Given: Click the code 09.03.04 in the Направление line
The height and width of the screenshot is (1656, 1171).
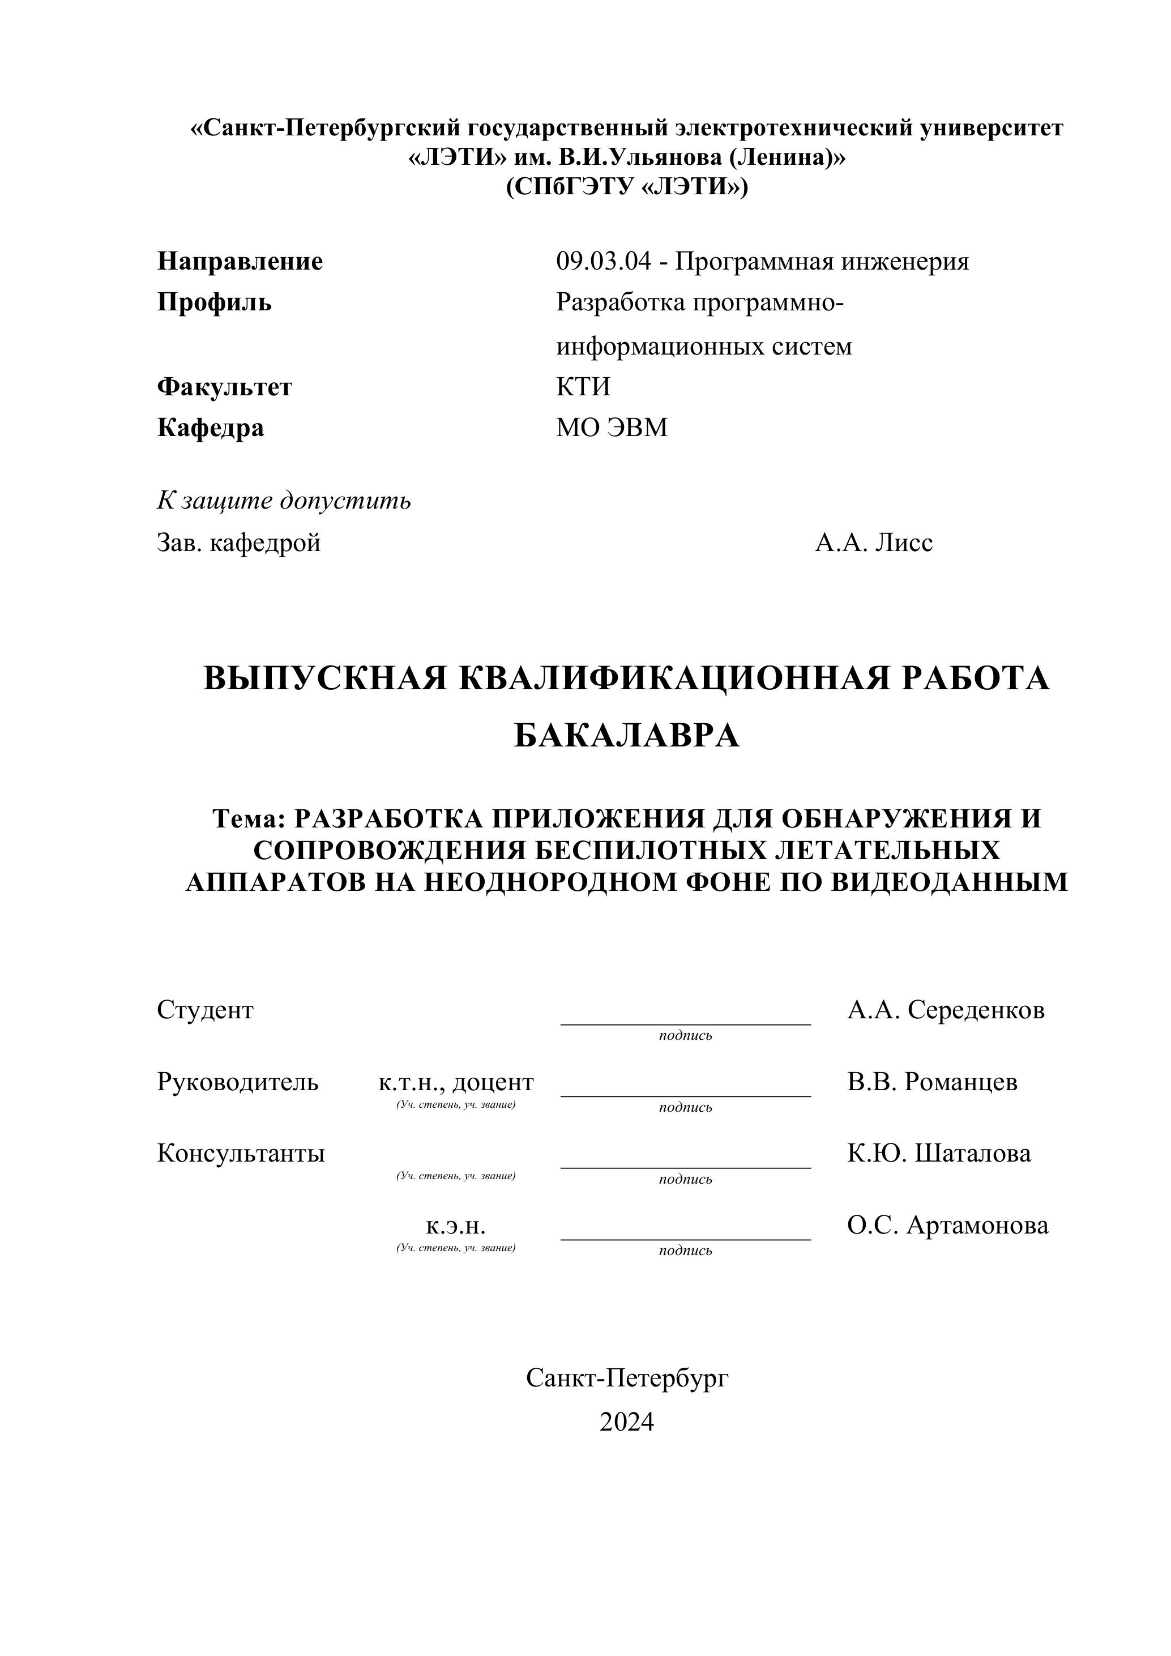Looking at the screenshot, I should (x=603, y=261).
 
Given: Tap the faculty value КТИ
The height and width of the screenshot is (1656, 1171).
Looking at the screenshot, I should (x=583, y=387).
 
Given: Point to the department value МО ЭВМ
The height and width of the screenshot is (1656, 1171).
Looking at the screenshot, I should (x=612, y=428).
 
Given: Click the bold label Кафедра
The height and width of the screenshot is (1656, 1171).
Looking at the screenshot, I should (x=210, y=428).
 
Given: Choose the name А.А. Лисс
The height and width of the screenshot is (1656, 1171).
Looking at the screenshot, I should (x=873, y=543).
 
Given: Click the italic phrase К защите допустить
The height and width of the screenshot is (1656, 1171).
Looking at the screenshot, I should (x=283, y=500).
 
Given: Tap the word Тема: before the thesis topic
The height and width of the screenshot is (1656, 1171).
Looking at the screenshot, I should (x=250, y=818).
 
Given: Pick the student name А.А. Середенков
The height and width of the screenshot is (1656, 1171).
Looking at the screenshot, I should (x=945, y=1010).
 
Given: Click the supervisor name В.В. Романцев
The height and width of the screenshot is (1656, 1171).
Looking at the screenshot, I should (x=931, y=1082).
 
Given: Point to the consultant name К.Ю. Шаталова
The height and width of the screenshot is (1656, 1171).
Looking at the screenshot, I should (x=939, y=1153).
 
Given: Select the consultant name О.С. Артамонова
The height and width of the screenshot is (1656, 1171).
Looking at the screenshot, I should (x=947, y=1224).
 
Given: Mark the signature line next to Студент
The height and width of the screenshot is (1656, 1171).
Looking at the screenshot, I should (x=685, y=1022).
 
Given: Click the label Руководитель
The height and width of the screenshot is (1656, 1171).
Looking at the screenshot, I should (x=237, y=1082).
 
